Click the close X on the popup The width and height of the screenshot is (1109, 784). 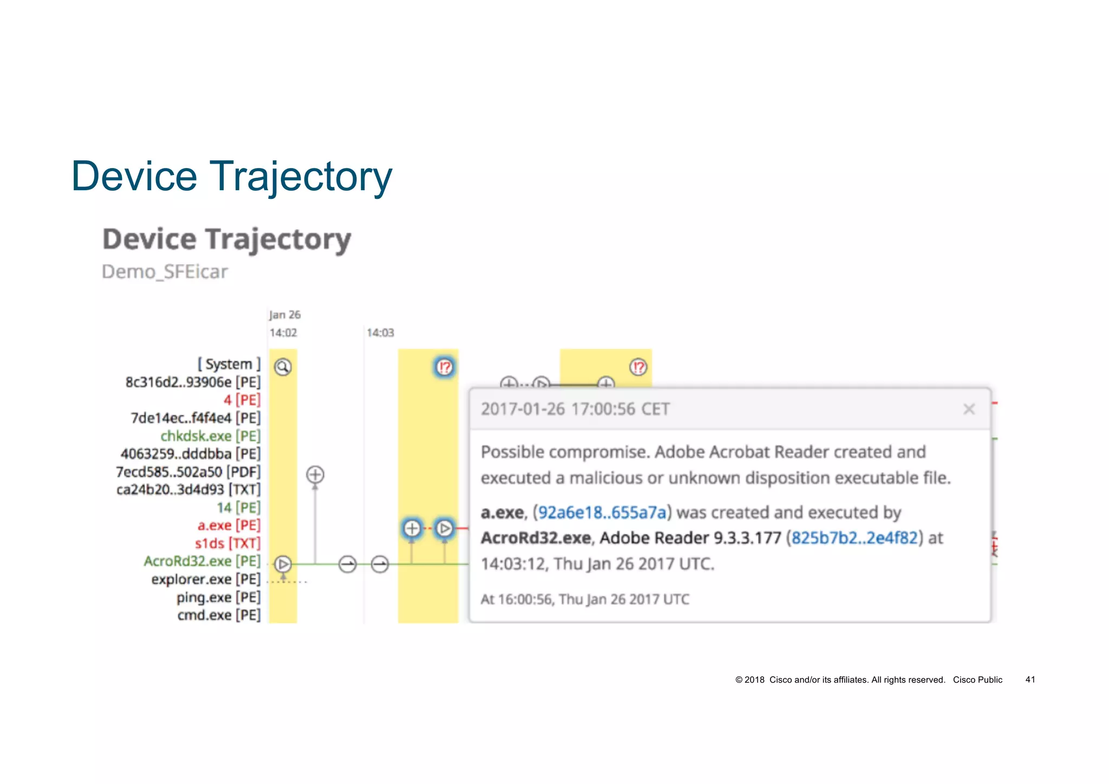click(x=969, y=409)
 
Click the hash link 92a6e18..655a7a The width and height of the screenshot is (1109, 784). click(x=602, y=512)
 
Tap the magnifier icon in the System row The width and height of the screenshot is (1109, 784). click(x=283, y=367)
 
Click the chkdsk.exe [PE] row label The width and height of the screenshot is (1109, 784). click(x=210, y=436)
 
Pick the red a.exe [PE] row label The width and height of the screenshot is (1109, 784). click(x=229, y=525)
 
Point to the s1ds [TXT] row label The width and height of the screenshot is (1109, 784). click(x=227, y=543)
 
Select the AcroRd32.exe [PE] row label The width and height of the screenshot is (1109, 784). click(x=202, y=561)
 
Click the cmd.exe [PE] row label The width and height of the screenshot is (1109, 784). click(x=219, y=615)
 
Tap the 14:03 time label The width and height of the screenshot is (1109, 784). click(x=380, y=333)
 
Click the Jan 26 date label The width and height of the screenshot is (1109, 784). click(x=285, y=315)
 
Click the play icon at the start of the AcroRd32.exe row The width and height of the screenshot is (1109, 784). click(x=283, y=564)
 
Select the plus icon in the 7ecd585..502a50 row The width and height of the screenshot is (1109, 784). click(x=315, y=475)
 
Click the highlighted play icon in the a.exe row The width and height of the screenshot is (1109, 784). click(x=445, y=528)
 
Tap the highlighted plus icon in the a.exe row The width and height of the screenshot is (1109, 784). click(x=412, y=528)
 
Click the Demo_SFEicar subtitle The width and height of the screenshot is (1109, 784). click(x=165, y=271)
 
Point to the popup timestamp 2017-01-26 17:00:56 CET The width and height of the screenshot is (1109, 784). click(x=575, y=409)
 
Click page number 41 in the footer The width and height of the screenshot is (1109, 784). click(x=1030, y=679)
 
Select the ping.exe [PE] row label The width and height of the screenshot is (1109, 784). click(x=218, y=597)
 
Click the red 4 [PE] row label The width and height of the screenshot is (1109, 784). click(x=242, y=400)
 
